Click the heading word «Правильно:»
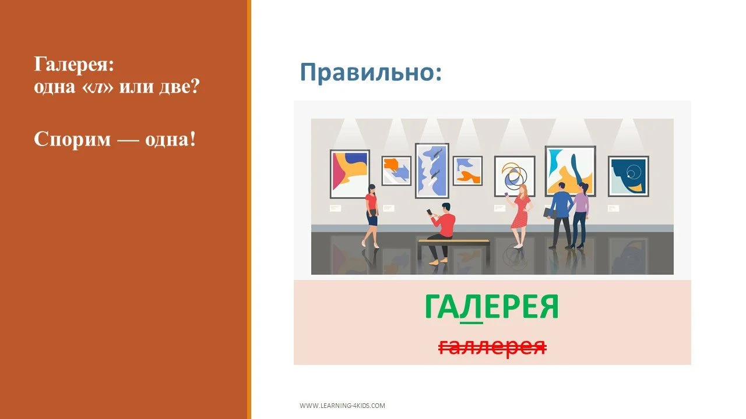tap(371, 73)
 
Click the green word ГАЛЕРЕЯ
tap(491, 307)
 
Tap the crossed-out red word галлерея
tap(492, 346)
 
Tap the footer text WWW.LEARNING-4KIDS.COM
tap(342, 406)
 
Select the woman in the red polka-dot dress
tap(520, 212)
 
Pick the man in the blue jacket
tap(561, 212)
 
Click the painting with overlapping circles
tap(514, 176)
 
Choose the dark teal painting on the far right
tap(628, 176)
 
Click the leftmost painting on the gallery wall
tap(350, 173)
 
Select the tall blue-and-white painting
tap(431, 170)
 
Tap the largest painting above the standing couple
tap(569, 170)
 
